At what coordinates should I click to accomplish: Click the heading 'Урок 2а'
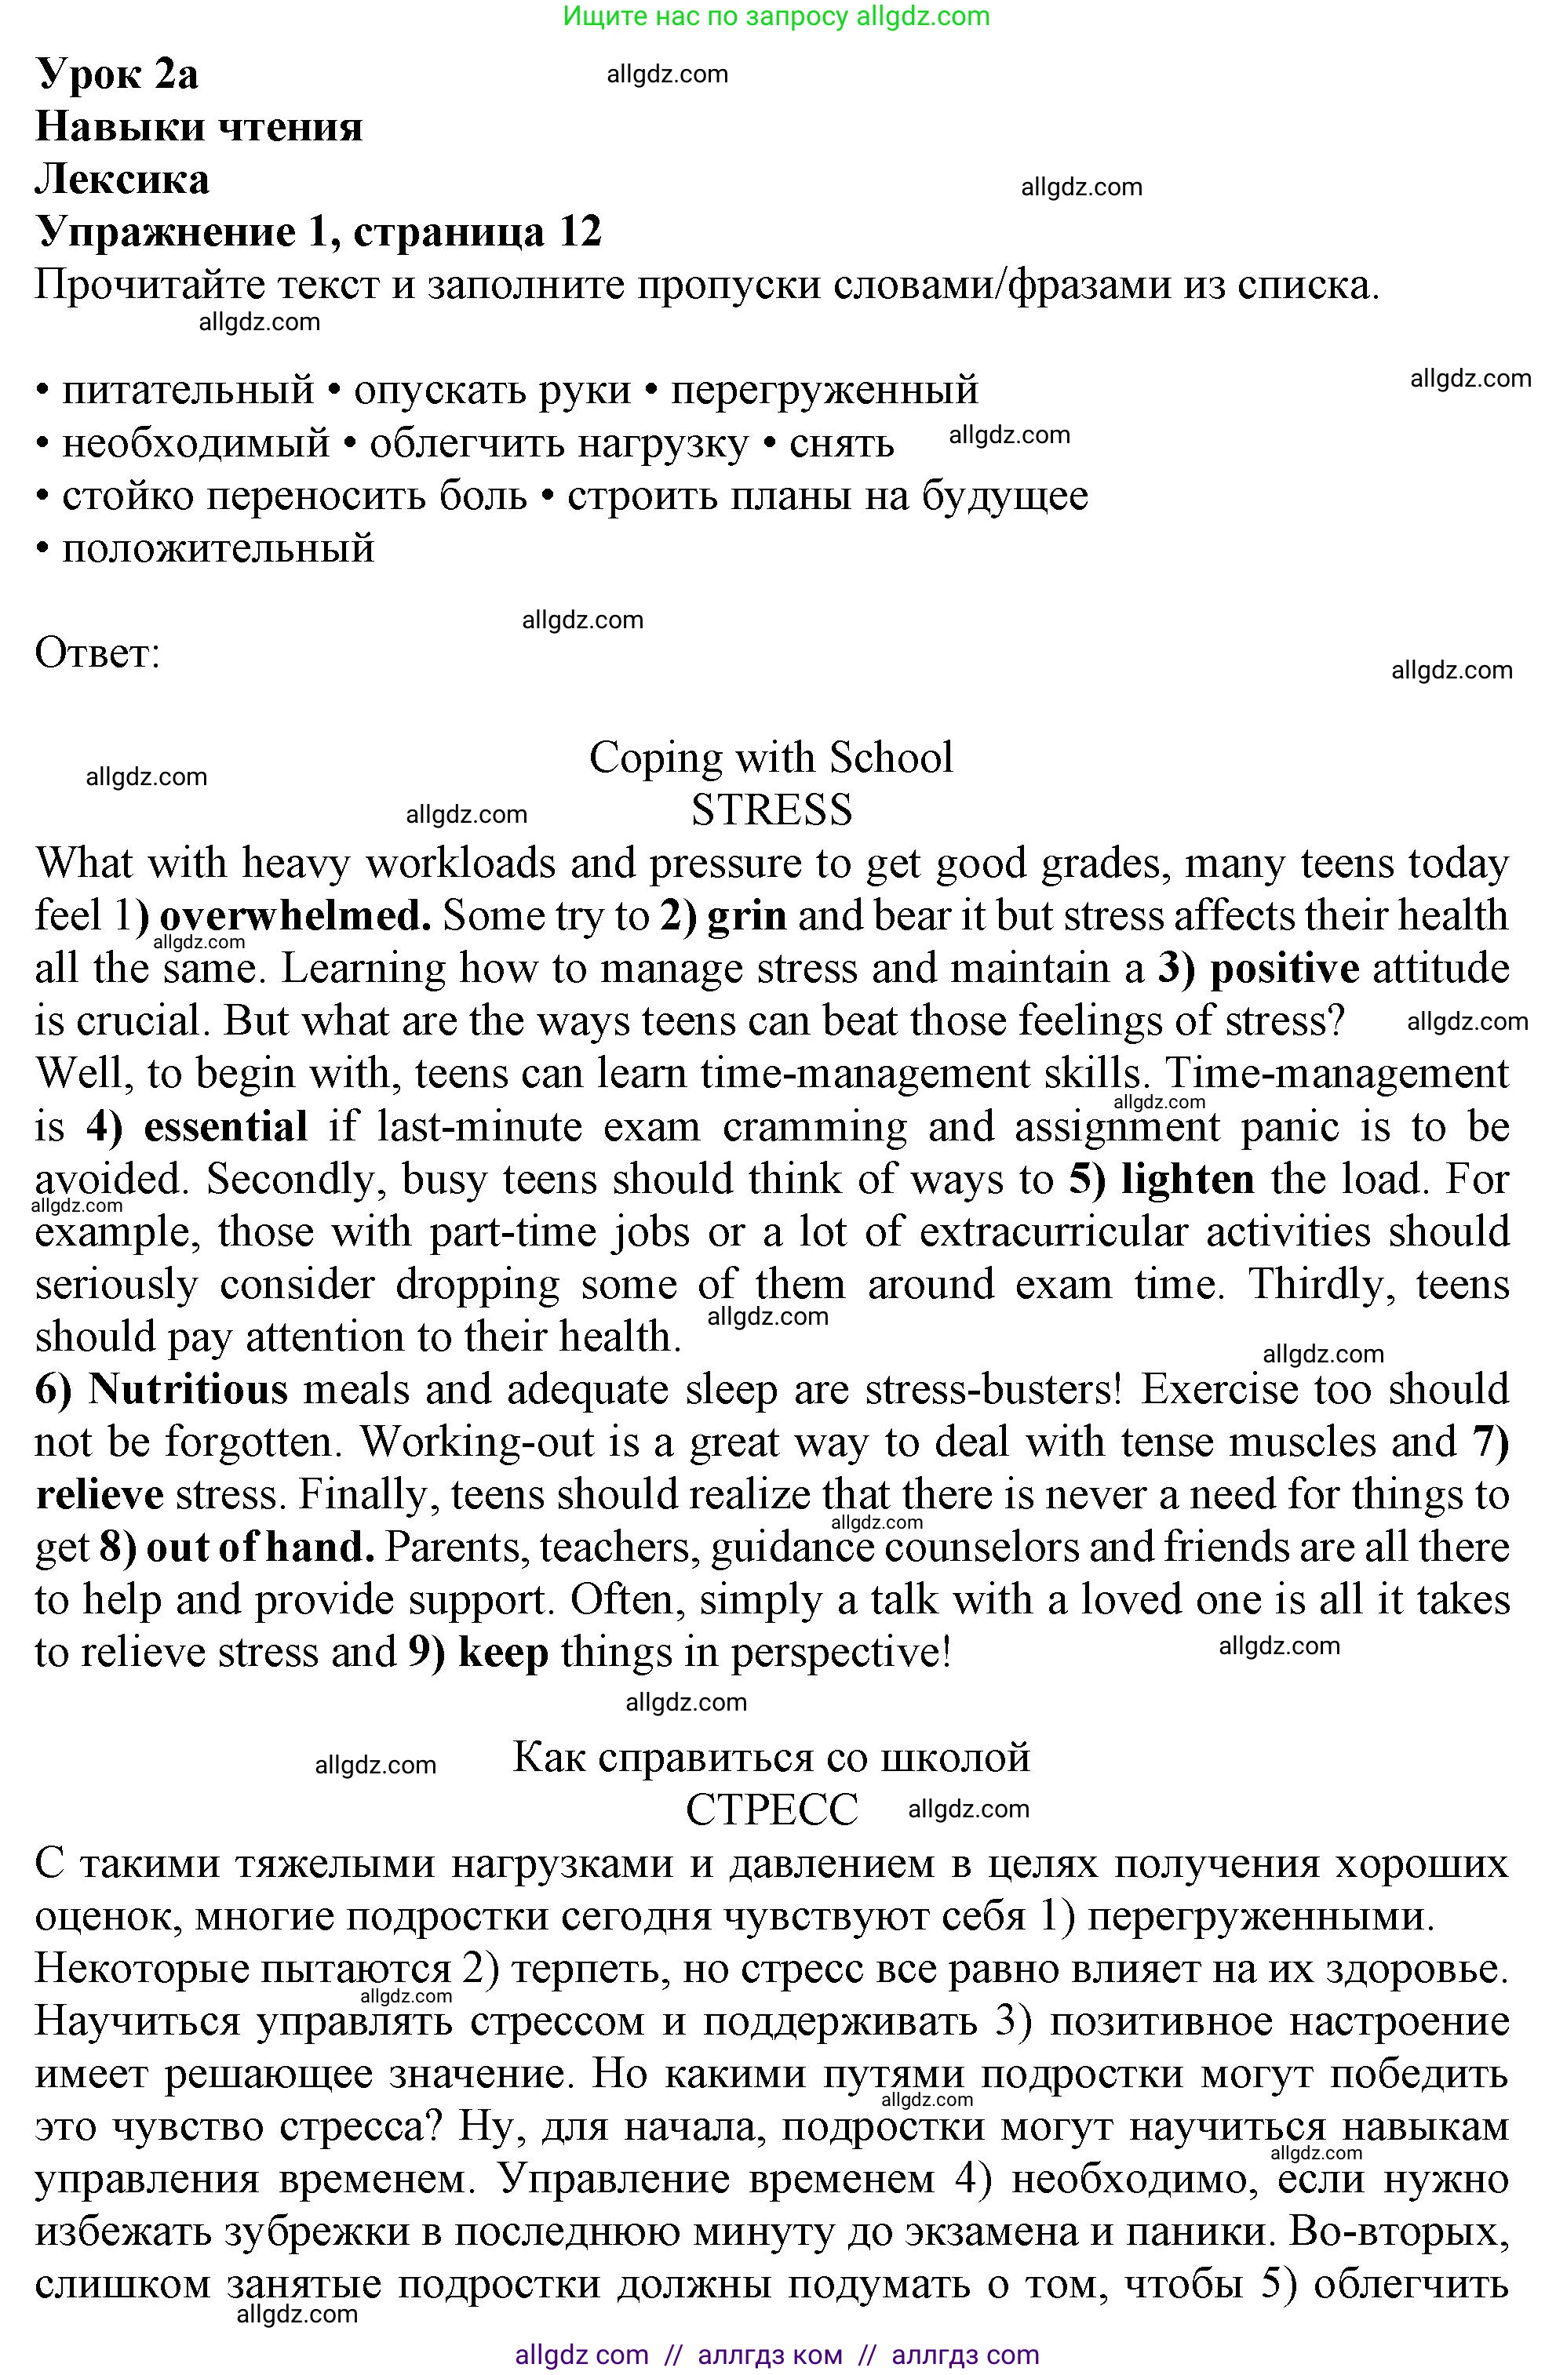pos(117,74)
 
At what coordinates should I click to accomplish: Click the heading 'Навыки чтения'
pos(199,127)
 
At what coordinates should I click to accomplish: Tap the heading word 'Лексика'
pos(122,180)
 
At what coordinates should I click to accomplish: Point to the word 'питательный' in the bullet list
pos(188,389)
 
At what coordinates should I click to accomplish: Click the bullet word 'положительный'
pos(217,547)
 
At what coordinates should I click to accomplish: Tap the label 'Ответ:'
pos(97,653)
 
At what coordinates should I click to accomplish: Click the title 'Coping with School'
pos(771,758)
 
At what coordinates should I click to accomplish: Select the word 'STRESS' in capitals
pos(771,809)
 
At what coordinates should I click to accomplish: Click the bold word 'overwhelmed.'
pos(296,916)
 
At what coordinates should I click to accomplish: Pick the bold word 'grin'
pos(746,916)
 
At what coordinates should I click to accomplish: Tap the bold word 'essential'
pos(224,1126)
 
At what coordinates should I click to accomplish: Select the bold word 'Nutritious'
pos(188,1389)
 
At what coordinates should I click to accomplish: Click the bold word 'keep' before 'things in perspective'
pos(503,1653)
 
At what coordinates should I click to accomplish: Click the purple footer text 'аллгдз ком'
pos(770,2354)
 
